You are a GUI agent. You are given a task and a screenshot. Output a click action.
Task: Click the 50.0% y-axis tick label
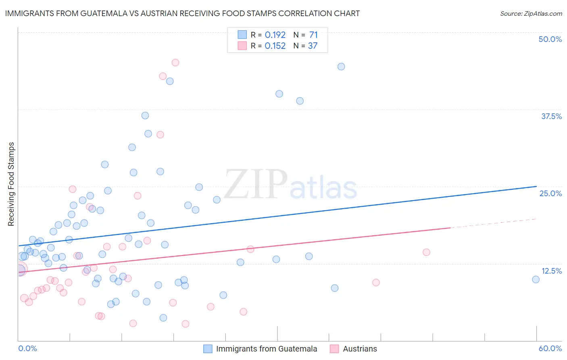[550, 39]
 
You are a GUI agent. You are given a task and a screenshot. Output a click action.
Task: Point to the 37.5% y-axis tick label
[551, 116]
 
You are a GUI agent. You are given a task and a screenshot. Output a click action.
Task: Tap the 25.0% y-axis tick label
[550, 193]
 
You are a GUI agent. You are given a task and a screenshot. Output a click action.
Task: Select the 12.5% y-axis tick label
[551, 271]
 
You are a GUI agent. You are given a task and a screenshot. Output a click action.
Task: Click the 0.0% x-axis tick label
[27, 348]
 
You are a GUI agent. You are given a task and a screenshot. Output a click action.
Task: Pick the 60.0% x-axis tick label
[550, 348]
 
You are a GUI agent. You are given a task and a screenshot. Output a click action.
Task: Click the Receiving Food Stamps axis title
[11, 184]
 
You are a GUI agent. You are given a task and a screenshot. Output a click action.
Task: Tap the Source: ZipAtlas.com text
[531, 13]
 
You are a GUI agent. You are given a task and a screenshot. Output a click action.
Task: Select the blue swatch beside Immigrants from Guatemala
[208, 349]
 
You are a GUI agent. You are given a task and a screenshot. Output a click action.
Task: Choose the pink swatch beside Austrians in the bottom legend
[334, 349]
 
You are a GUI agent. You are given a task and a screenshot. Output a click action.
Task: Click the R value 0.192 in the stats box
[275, 35]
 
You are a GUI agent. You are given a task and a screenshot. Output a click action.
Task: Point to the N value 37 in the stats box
[313, 46]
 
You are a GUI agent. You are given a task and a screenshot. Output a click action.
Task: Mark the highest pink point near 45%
[175, 63]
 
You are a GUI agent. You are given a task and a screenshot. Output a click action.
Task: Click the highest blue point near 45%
[341, 67]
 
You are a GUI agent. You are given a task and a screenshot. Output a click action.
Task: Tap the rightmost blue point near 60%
[536, 279]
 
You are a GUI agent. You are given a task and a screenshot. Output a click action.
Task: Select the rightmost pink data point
[426, 252]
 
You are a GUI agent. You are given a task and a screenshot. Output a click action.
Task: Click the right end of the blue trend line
[536, 186]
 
